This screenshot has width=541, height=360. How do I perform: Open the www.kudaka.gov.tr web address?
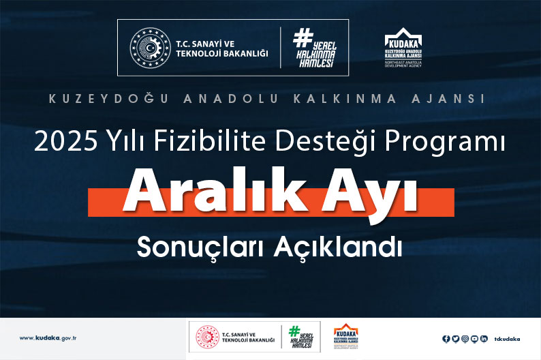point(48,338)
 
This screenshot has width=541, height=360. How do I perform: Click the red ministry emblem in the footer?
point(206,337)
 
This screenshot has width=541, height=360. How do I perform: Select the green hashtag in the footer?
point(294,331)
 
